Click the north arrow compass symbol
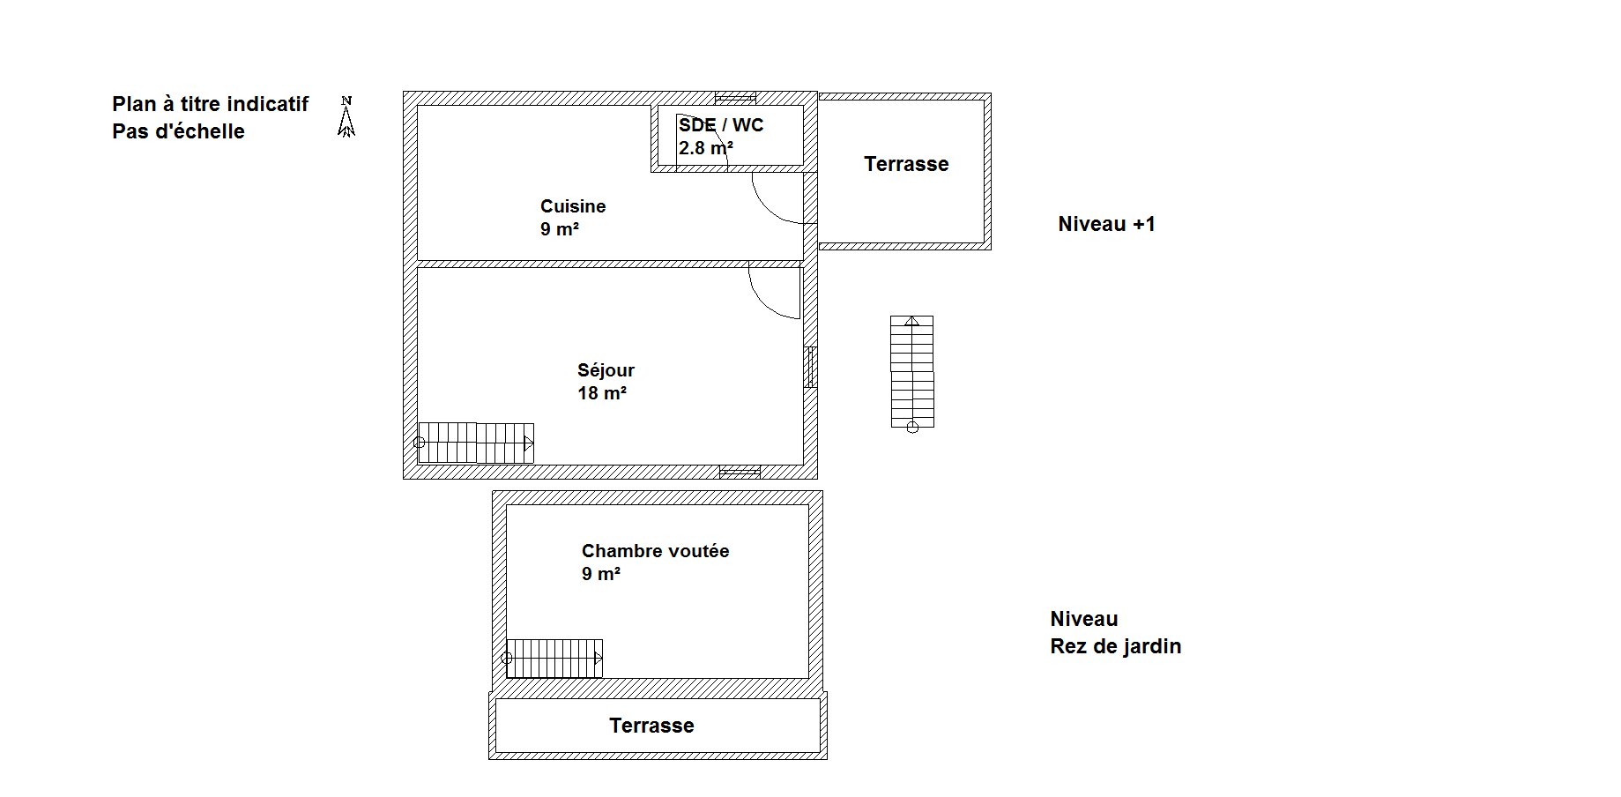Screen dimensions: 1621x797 pos(346,116)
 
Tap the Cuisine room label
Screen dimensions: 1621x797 pos(573,206)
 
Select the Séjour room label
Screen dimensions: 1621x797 pos(606,370)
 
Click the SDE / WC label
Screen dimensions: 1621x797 pos(721,125)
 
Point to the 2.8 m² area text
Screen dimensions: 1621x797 pos(705,148)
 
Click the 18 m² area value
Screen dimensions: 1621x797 pos(602,393)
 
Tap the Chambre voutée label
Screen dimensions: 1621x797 pos(655,551)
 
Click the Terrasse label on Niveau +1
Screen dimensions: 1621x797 pos(906,164)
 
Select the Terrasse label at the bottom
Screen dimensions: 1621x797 pos(651,726)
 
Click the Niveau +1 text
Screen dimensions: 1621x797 pos(1106,224)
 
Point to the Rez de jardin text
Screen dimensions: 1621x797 pos(1115,646)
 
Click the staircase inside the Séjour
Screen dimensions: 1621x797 pos(475,443)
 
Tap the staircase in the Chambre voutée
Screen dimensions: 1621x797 pos(554,659)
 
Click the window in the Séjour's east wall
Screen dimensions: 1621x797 pos(810,367)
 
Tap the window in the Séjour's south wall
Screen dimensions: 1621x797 pos(740,472)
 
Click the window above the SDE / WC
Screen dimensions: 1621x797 pos(735,98)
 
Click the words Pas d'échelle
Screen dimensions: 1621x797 pos(178,131)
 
